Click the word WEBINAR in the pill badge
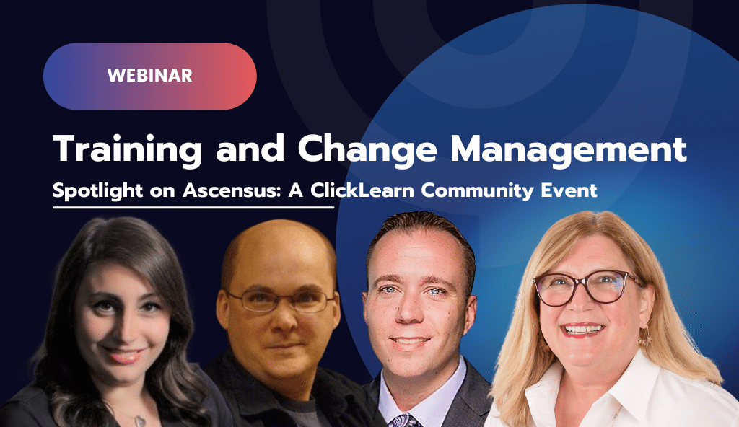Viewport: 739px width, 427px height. [149, 75]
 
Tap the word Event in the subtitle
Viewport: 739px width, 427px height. [573, 192]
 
